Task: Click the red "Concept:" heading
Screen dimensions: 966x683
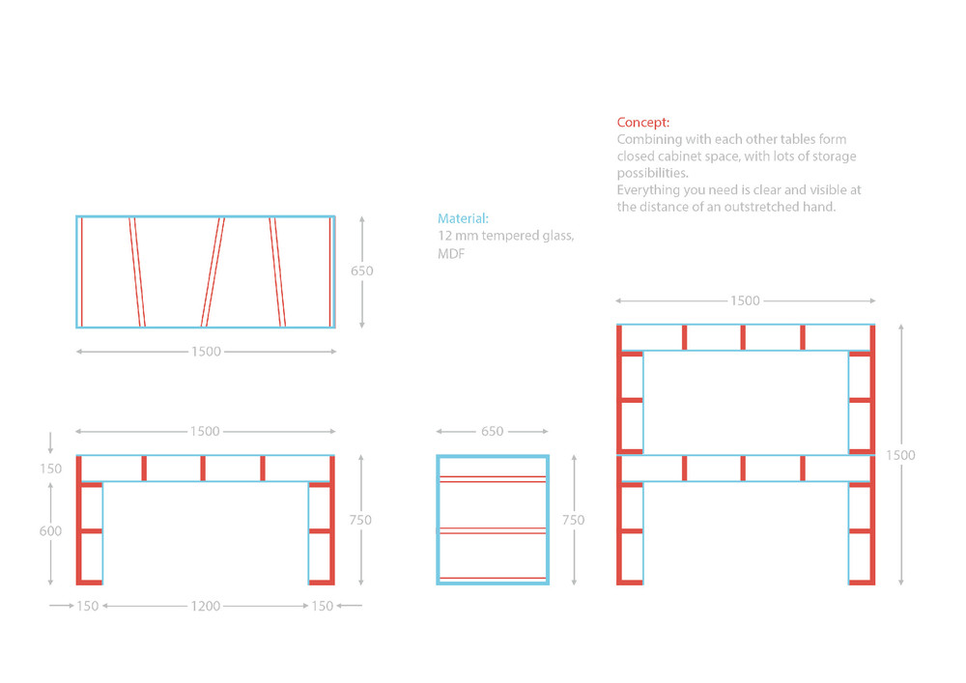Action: tap(643, 123)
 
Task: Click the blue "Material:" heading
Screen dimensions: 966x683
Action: tap(463, 218)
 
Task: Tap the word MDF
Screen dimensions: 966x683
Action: tap(451, 254)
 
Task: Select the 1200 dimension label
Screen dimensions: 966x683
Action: tap(205, 606)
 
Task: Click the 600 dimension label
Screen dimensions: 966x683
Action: tap(50, 531)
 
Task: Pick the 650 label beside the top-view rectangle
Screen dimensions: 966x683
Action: tap(361, 271)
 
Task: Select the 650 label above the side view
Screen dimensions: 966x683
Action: tap(493, 431)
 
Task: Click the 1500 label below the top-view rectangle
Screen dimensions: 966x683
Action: tap(206, 352)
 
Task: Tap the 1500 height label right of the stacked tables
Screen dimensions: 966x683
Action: tap(900, 455)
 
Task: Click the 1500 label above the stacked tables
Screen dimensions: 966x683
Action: tap(745, 300)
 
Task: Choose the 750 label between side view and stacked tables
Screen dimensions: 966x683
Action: tap(573, 520)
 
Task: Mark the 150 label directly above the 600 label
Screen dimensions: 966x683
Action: tap(50, 469)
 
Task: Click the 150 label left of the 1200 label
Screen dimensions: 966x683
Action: tap(88, 606)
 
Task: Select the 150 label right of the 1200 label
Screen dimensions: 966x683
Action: tap(323, 606)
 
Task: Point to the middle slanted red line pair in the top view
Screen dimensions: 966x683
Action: tap(213, 271)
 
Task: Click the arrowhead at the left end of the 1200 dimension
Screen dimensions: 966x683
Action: tap(105, 606)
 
